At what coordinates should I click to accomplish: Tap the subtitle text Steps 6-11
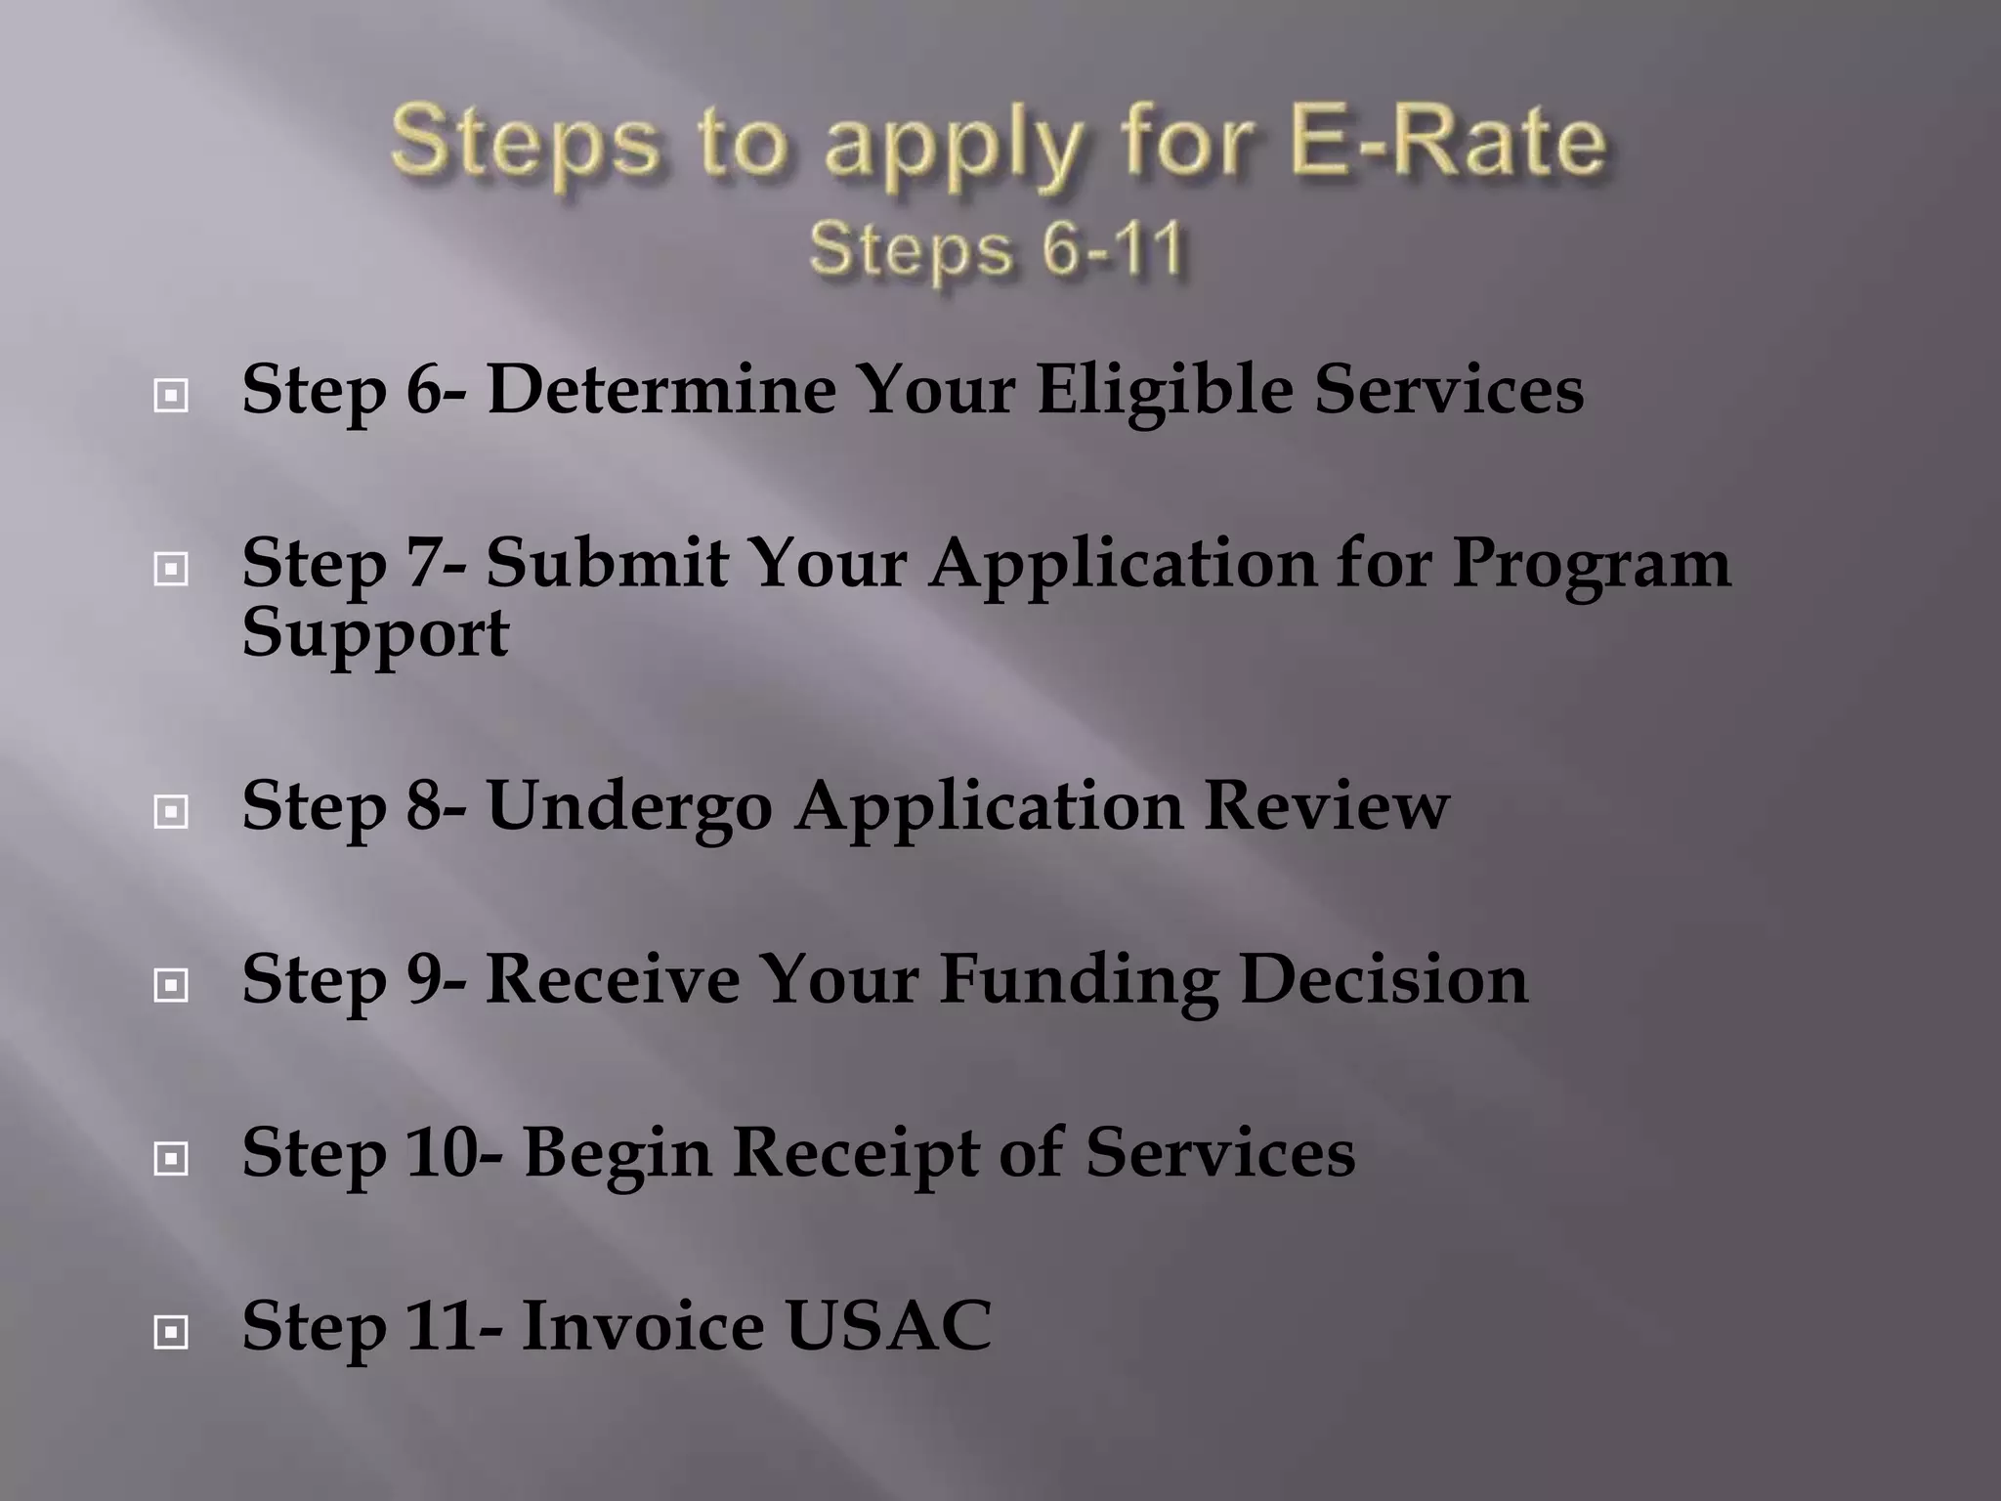coord(998,249)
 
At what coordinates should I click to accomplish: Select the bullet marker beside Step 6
coord(171,396)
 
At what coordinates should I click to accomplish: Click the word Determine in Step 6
coord(661,389)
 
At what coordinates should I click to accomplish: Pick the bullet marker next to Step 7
coord(171,569)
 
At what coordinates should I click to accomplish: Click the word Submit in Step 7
coord(606,564)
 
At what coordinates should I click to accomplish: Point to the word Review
coord(1326,806)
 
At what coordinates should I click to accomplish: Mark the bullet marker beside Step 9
coord(171,985)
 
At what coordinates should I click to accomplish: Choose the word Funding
coord(1079,981)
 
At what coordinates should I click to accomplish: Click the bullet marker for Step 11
coord(171,1331)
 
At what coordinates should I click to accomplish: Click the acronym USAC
coord(888,1326)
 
